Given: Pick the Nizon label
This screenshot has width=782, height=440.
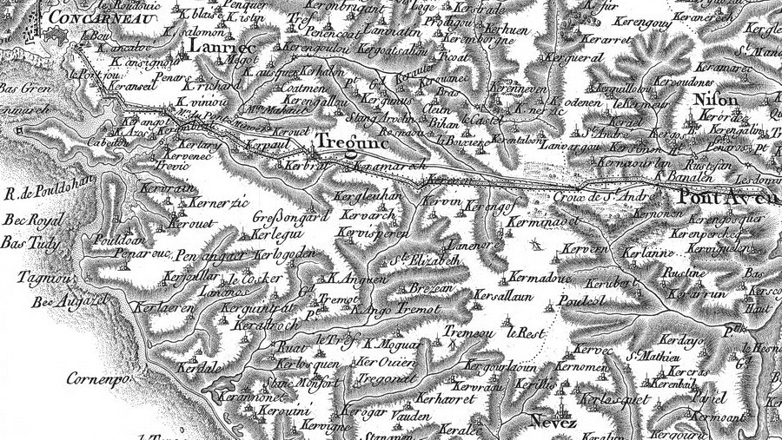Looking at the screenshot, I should (718, 100).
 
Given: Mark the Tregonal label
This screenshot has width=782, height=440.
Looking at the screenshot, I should (383, 379).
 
